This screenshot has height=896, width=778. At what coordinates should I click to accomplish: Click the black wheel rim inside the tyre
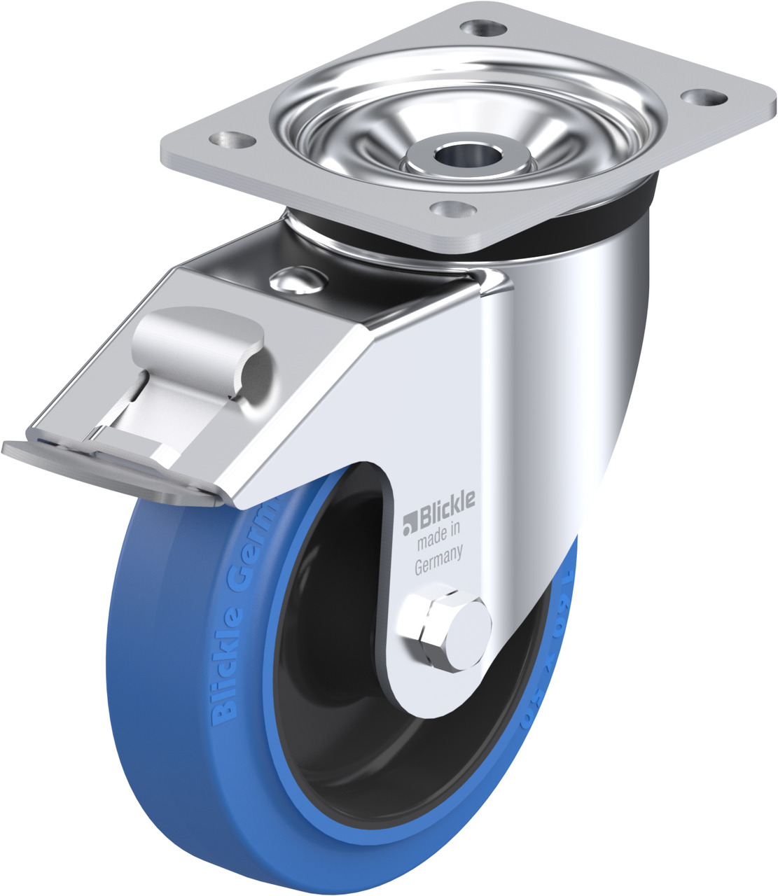point(329,700)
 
